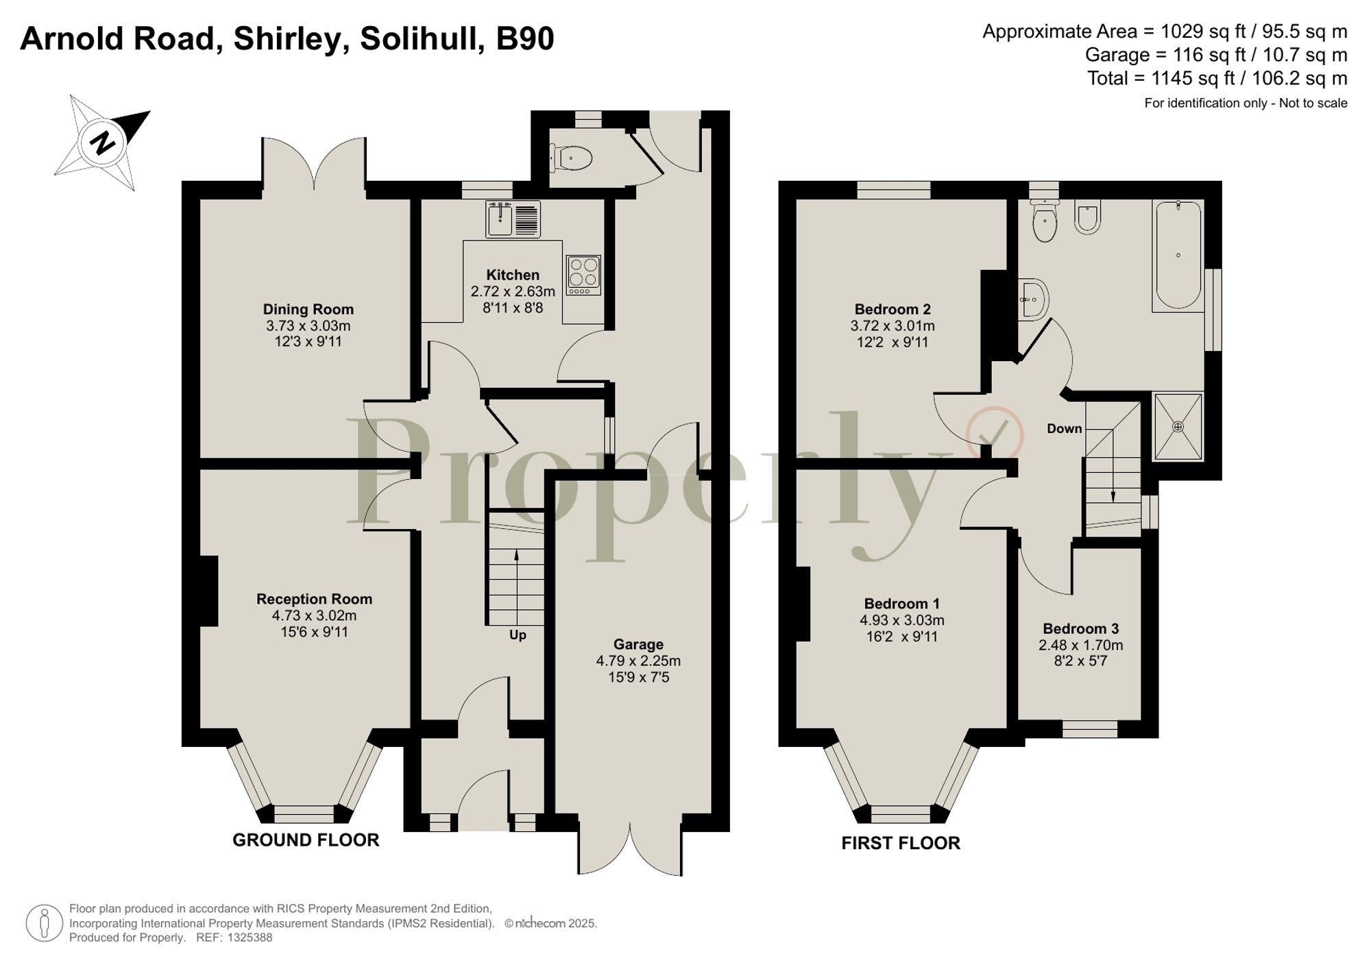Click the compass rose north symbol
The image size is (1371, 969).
(103, 143)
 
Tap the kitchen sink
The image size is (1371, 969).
(512, 219)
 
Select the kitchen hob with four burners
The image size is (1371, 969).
(583, 275)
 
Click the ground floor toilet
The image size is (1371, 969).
(573, 159)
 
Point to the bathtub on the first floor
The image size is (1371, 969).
(1178, 255)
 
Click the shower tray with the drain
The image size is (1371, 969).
(1178, 427)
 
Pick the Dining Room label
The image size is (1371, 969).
(308, 309)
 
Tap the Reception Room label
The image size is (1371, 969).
(314, 599)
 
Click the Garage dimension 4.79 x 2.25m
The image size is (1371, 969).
(638, 661)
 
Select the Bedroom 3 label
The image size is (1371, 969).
(1080, 628)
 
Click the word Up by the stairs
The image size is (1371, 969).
(518, 635)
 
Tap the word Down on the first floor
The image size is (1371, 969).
(1064, 429)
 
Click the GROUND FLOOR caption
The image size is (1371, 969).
(306, 840)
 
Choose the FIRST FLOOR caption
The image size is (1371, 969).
(900, 844)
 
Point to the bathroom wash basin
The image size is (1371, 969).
(1033, 299)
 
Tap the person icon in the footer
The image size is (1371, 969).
(45, 923)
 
